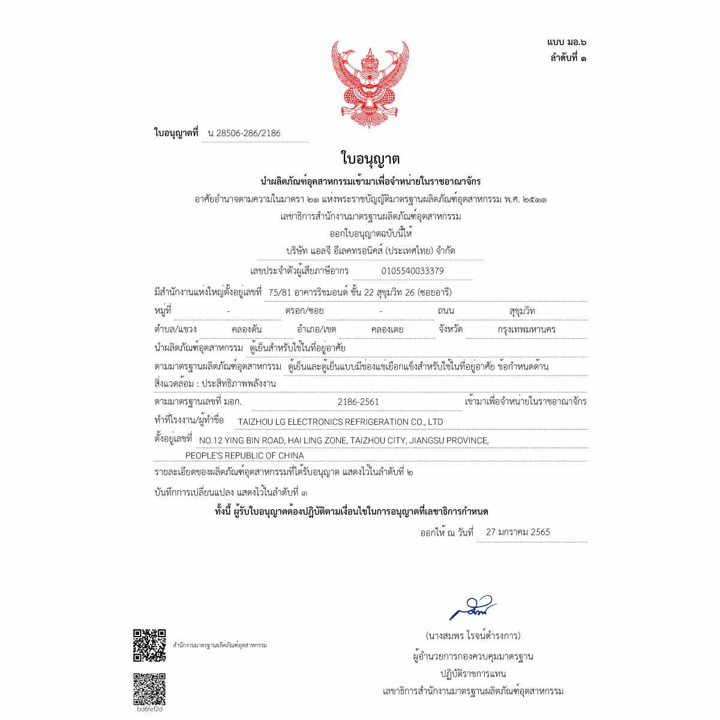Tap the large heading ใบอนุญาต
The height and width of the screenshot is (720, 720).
[x=370, y=159]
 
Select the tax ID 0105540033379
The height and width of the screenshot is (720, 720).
[x=413, y=271]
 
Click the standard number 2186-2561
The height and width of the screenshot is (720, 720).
[x=358, y=402]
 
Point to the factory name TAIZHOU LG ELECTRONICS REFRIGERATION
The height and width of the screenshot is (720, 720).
[x=340, y=422]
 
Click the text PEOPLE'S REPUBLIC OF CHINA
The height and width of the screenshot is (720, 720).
[x=244, y=455]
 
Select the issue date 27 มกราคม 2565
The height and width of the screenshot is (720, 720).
[x=518, y=532]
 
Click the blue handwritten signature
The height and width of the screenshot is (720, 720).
[x=473, y=608]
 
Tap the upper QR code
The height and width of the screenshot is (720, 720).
[x=149, y=644]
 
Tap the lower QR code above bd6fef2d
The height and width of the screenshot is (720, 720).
[x=149, y=688]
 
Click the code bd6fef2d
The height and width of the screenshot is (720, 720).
[x=149, y=709]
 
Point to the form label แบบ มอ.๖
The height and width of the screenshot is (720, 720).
[x=566, y=42]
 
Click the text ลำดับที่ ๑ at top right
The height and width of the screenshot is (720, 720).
[x=568, y=58]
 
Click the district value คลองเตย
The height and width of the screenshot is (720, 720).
[x=387, y=329]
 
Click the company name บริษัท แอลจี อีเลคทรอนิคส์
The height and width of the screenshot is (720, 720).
[x=370, y=251]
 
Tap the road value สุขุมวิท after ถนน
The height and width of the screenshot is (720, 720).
[x=521, y=311]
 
